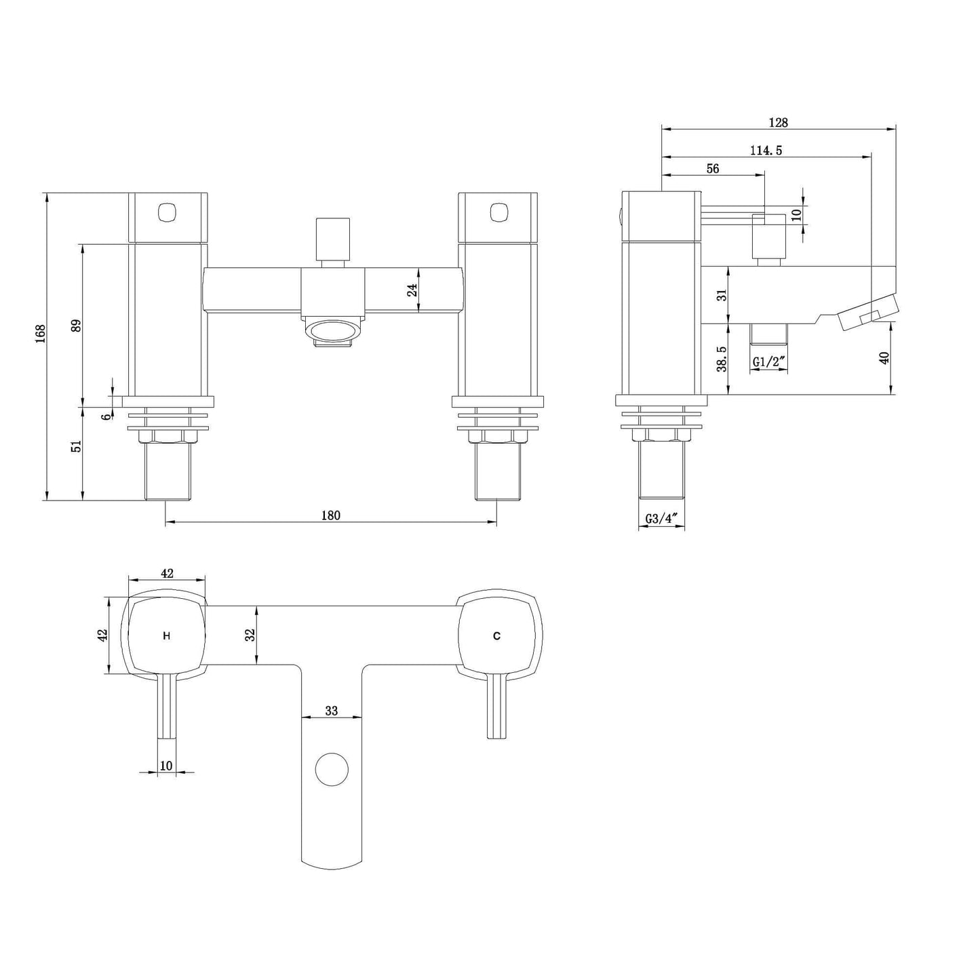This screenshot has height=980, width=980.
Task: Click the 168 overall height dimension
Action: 41,334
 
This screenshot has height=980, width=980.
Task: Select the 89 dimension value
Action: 76,326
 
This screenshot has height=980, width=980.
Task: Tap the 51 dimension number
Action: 76,446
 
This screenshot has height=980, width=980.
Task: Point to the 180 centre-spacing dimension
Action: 330,515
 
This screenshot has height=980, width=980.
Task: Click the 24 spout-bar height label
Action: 412,290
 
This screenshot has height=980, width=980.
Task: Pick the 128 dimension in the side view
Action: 778,123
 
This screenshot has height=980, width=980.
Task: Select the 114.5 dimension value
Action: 766,151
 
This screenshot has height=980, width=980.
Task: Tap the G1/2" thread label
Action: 770,361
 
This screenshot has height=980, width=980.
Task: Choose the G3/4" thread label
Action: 662,519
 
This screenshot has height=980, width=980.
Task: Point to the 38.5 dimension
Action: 722,359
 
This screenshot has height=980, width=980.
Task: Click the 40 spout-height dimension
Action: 884,357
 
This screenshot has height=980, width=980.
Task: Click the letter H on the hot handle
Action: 166,635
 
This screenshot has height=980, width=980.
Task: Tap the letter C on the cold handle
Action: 497,635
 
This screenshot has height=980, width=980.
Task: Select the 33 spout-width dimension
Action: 331,711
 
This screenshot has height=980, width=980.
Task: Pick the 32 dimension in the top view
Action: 250,635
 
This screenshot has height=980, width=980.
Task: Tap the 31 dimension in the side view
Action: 722,294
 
